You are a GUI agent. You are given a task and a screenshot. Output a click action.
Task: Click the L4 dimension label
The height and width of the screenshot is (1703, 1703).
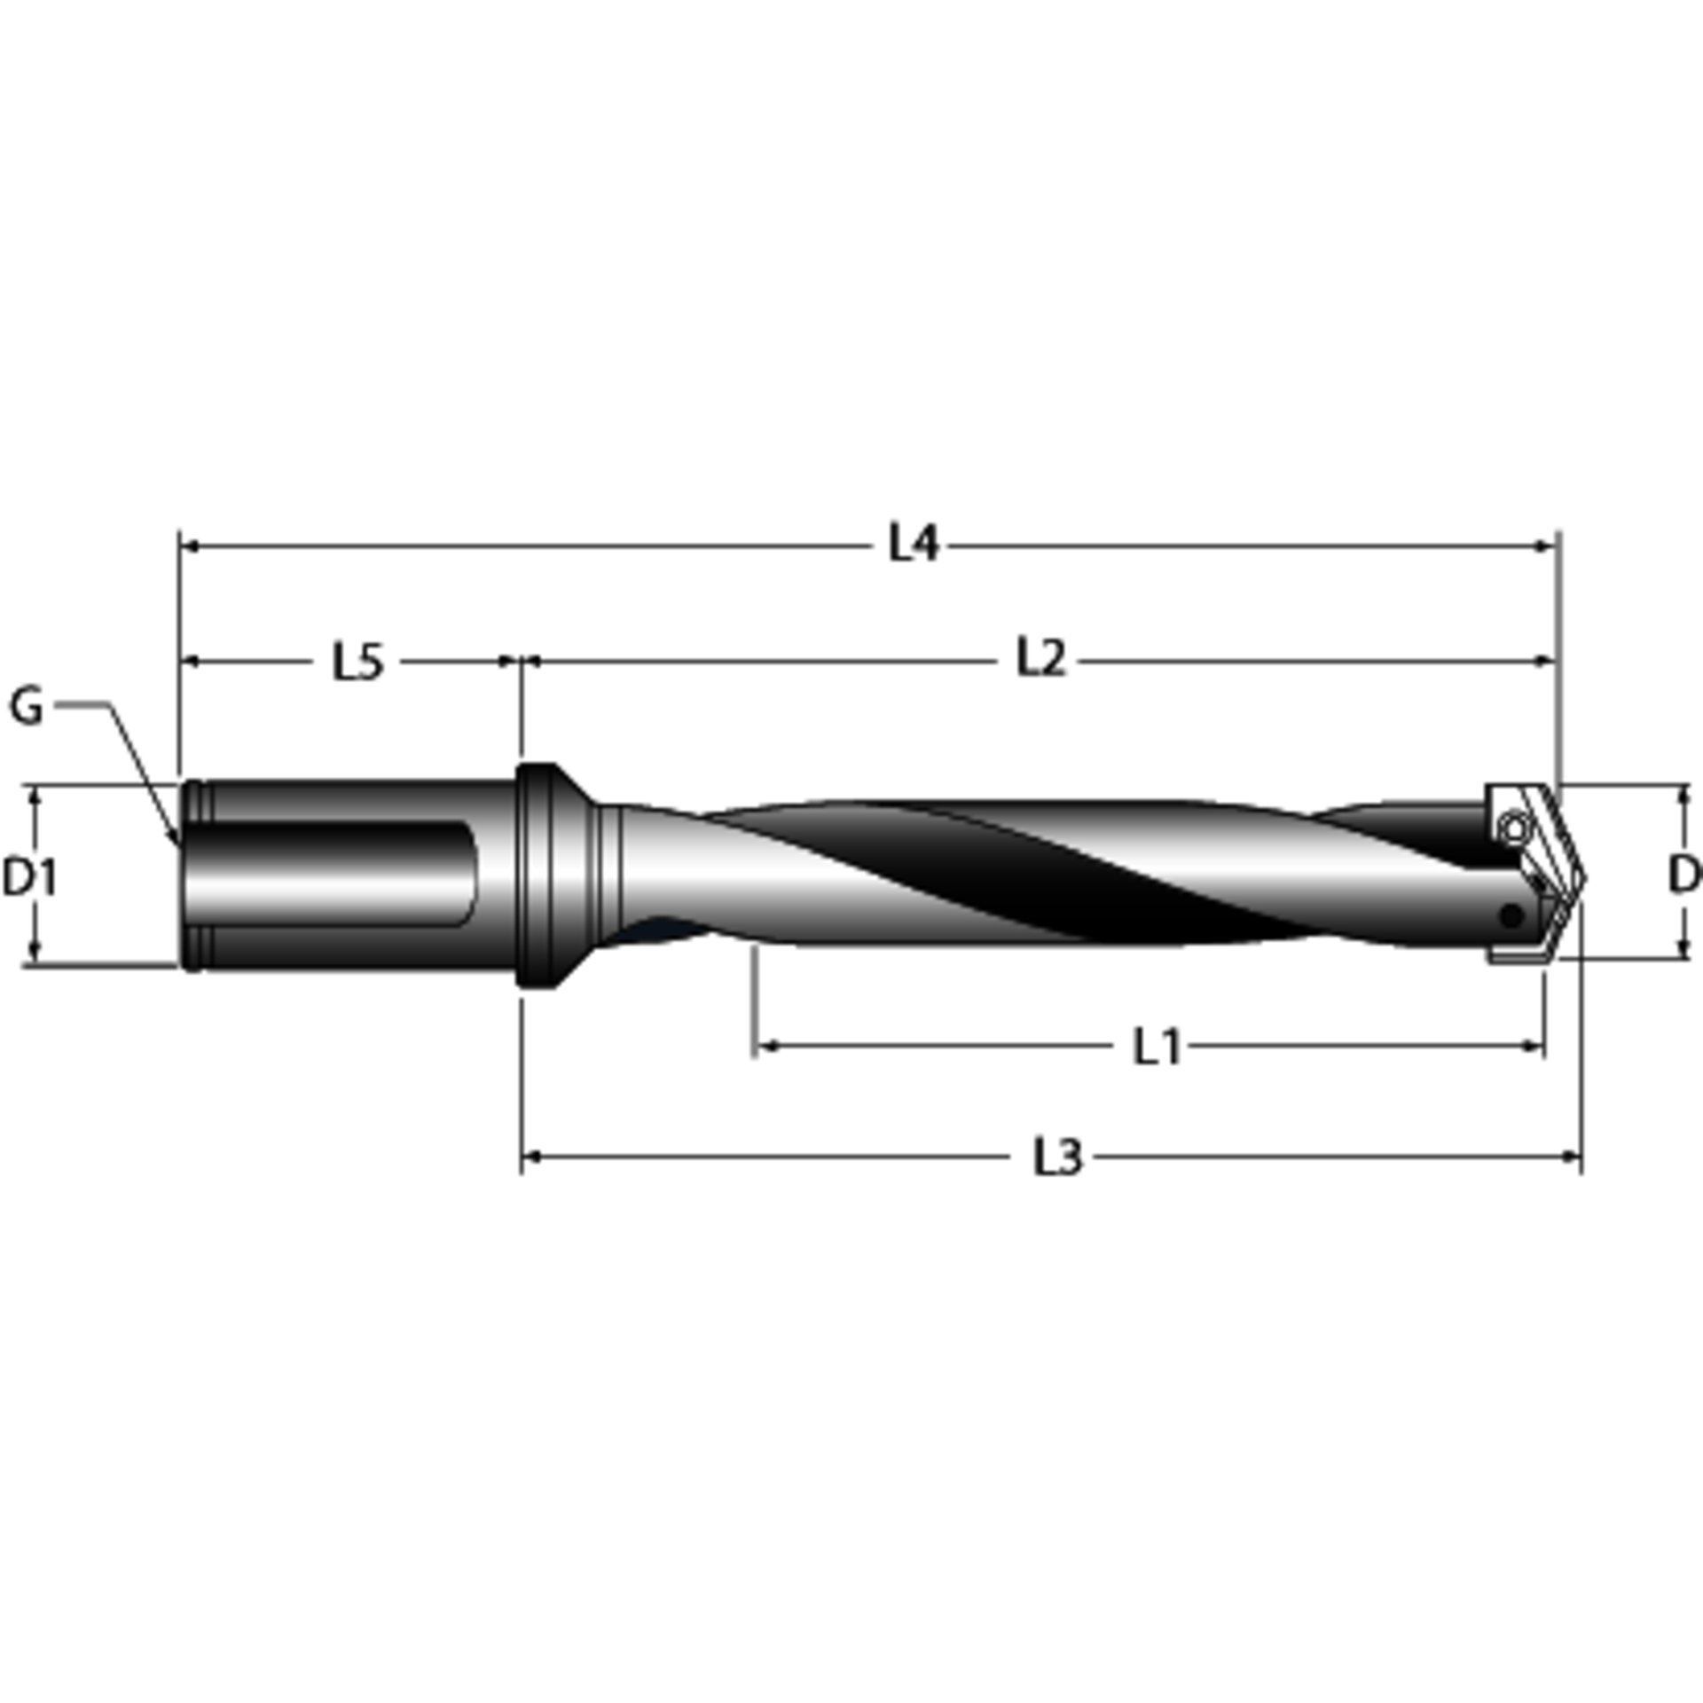point(914,544)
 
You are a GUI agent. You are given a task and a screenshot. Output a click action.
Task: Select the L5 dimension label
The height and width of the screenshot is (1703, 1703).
point(358,662)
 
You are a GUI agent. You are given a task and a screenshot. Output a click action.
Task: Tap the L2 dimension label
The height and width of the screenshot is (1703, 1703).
point(1040,660)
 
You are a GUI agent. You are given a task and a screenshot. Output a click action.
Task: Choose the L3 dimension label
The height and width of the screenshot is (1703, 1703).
point(1058,1158)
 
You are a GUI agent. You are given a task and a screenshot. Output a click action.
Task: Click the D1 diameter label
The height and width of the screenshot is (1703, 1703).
point(31,877)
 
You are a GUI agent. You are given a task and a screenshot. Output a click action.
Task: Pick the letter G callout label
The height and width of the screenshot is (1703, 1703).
point(27,708)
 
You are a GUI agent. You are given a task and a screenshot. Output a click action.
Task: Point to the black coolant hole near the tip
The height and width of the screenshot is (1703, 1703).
point(1511,914)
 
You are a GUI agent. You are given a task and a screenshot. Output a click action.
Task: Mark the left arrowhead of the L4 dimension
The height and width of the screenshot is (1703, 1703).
point(188,547)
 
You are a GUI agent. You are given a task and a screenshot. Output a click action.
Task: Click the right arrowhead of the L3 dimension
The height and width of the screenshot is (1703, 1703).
point(1574,1157)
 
